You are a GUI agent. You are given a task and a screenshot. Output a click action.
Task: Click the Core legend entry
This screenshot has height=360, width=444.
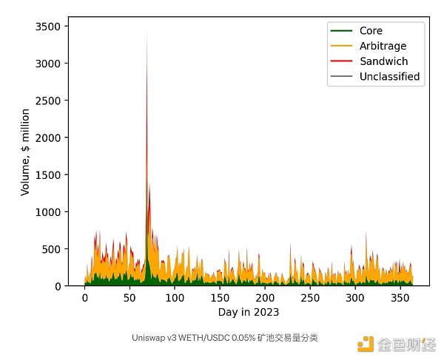click(371, 31)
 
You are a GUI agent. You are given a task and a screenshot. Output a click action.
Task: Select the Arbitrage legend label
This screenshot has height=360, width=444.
click(382, 46)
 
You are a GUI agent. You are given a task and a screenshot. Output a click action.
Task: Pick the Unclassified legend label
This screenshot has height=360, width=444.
click(389, 76)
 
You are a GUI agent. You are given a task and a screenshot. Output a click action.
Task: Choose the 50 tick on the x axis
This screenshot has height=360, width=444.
click(129, 297)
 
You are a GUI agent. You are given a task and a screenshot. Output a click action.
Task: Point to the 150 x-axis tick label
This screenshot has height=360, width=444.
click(220, 297)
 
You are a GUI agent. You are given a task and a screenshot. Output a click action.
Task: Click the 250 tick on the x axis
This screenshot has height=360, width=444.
click(310, 297)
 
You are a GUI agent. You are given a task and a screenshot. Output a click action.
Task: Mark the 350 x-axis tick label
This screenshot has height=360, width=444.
click(400, 297)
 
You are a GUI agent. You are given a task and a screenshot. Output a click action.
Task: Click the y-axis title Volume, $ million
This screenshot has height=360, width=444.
click(25, 152)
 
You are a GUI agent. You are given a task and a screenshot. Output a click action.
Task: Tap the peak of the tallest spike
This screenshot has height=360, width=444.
click(147, 31)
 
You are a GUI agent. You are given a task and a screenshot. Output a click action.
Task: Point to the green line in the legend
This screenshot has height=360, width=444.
click(342, 31)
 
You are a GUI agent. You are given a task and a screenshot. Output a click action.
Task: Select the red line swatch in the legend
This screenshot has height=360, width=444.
click(342, 61)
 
